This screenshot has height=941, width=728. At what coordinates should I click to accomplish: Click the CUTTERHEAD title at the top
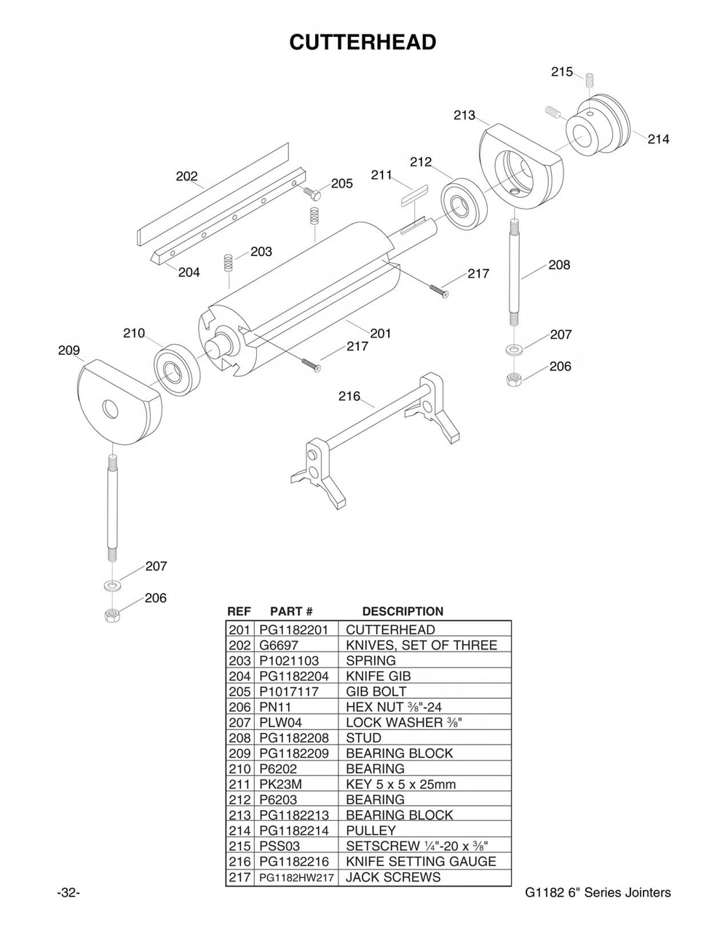coord(363,42)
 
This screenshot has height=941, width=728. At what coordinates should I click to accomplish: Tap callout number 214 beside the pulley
coord(658,139)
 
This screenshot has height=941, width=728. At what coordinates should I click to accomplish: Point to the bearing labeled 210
coord(175,369)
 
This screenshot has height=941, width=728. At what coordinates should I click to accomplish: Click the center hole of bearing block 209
coord(111,409)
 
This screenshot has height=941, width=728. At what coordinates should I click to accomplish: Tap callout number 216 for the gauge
coord(349,396)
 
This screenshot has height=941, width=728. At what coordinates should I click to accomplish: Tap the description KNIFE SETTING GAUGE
coord(421,862)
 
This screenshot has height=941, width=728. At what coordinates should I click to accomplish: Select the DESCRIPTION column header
coord(403,612)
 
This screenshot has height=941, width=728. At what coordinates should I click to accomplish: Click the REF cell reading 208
coord(239,738)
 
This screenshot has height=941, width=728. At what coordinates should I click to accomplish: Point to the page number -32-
coord(68,893)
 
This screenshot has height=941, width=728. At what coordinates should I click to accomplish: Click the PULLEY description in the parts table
coord(371,830)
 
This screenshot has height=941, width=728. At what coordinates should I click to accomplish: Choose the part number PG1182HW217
coord(296,878)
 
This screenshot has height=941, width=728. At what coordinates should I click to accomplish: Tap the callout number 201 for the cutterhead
coord(381,334)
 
